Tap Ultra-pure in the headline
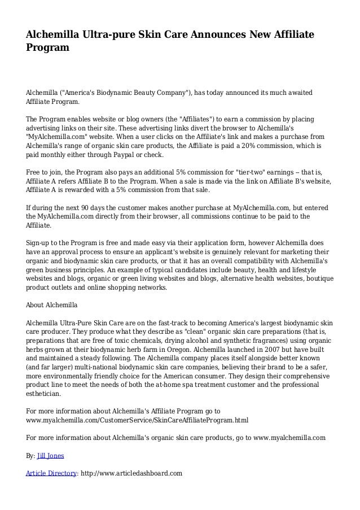[106, 36]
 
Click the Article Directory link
[51, 473]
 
